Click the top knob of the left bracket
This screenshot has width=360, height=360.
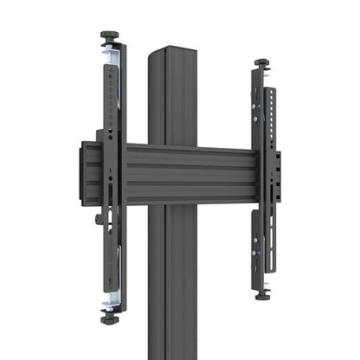110,35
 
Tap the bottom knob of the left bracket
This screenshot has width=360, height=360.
109,319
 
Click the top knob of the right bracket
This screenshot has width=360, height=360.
261,63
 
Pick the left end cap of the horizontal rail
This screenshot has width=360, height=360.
87,174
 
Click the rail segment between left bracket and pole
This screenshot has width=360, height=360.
137,174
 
